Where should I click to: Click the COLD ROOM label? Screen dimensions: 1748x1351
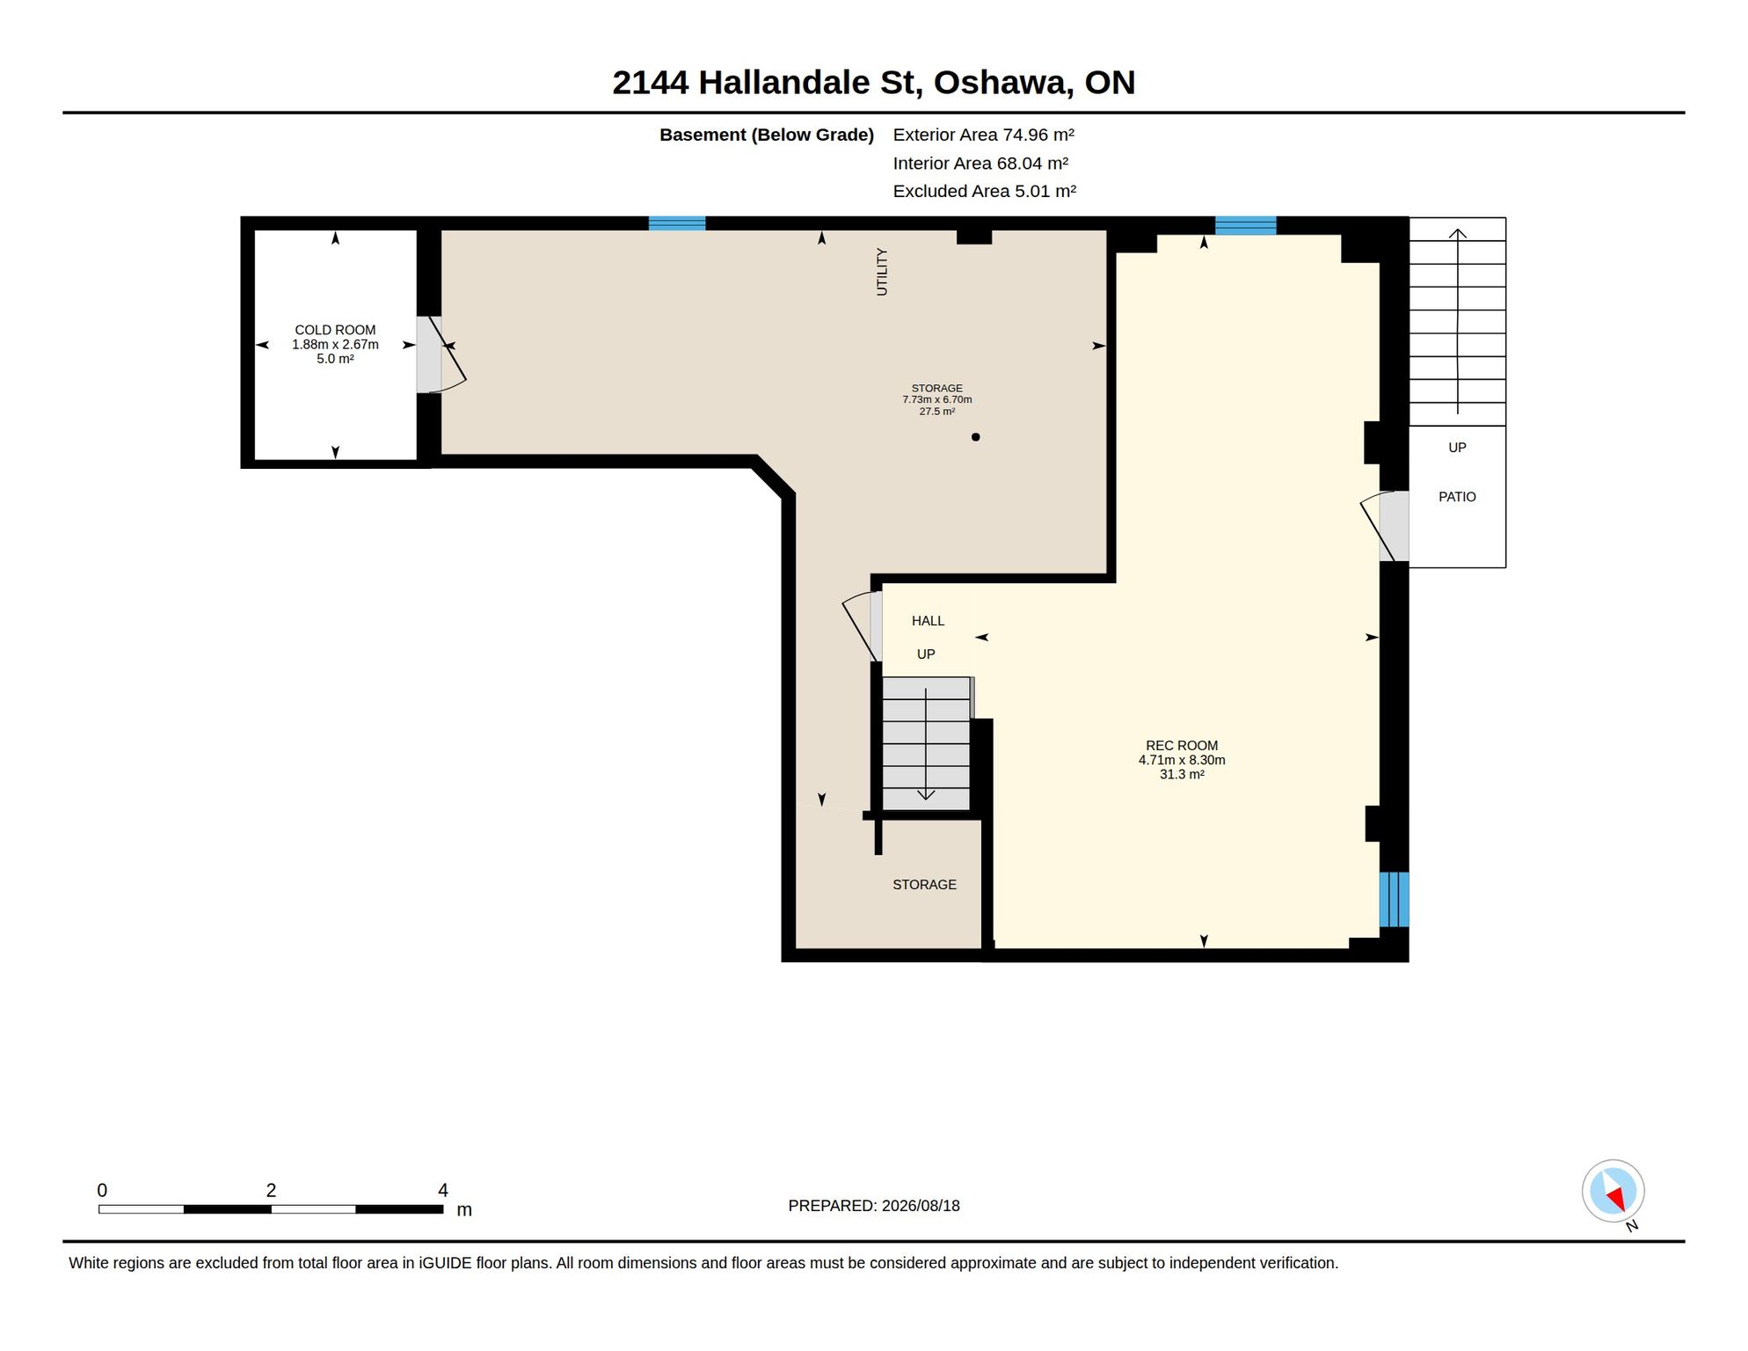pos(335,330)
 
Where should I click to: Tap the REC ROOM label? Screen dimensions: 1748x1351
pos(1182,746)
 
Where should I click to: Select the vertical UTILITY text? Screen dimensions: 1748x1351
pos(882,272)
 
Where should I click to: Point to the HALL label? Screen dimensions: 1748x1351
pos(928,621)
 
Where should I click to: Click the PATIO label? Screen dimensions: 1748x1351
pos(1457,497)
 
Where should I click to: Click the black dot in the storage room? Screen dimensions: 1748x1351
pos(975,437)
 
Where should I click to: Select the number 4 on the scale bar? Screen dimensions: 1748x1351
pos(443,1190)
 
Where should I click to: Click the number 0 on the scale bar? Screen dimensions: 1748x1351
pos(102,1190)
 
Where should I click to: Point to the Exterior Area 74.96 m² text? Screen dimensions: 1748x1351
pos(984,135)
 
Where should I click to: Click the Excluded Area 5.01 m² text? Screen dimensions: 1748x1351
pos(985,191)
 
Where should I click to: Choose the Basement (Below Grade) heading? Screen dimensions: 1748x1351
pos(767,135)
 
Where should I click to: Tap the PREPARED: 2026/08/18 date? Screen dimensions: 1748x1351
pos(874,1206)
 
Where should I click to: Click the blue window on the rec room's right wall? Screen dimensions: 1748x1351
pos(1394,899)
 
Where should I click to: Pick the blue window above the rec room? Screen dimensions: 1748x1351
pos(1246,225)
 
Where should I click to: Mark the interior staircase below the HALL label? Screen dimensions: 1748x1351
pos(926,743)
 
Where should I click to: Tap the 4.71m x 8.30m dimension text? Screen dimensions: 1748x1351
pos(1182,760)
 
